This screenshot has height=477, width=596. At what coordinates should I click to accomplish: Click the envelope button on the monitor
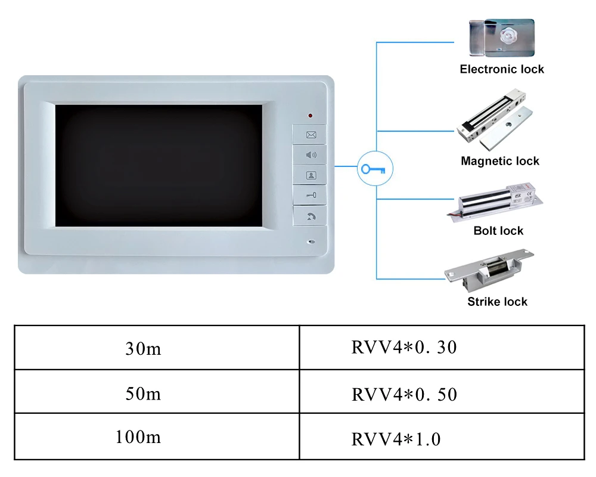click(311, 135)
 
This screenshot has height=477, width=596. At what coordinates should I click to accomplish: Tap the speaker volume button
click(311, 155)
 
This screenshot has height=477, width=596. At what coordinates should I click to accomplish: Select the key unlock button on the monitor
click(311, 195)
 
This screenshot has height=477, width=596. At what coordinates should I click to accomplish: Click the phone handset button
click(311, 216)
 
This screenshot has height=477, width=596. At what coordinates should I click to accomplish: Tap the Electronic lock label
click(502, 69)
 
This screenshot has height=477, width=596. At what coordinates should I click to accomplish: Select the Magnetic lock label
click(500, 161)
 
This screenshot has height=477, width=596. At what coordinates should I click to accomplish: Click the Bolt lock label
click(498, 231)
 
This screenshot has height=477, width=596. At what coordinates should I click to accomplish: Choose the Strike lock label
click(497, 302)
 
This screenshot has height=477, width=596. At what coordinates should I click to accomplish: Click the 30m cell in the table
click(144, 348)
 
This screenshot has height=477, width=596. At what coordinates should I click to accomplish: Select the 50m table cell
click(144, 394)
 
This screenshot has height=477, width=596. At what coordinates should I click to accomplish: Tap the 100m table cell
click(138, 437)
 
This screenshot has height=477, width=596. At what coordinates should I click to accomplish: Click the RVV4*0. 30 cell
click(404, 347)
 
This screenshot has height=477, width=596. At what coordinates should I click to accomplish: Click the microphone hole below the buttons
click(311, 243)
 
